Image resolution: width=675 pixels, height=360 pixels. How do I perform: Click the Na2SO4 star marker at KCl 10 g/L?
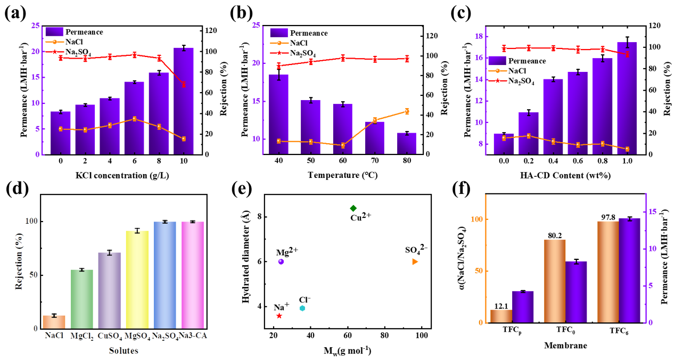184,85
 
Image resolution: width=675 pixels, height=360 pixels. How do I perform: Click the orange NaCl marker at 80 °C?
407,111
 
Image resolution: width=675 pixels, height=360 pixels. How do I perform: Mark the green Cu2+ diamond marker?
353,208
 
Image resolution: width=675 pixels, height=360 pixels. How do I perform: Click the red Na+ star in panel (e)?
279,316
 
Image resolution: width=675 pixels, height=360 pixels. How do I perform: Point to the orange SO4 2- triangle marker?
415,261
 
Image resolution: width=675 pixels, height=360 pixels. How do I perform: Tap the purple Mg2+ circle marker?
281,261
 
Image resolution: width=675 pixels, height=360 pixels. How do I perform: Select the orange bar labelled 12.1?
501,316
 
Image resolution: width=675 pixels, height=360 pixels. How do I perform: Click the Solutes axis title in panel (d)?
124,350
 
